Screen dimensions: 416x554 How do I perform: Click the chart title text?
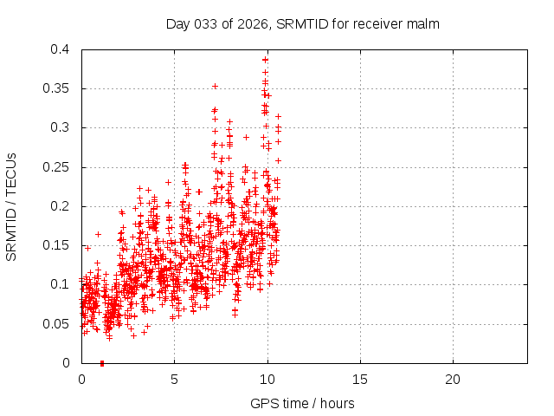point(303,24)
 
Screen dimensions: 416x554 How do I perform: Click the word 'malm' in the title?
point(425,24)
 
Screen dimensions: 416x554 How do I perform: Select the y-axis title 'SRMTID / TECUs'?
point(12,206)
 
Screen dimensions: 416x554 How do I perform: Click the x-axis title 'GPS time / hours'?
point(302,404)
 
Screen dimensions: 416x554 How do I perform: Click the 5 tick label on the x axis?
point(174,380)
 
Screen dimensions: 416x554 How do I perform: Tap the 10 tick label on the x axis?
point(267,380)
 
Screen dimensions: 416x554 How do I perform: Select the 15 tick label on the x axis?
point(360,380)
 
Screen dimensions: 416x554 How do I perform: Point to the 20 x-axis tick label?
point(453,380)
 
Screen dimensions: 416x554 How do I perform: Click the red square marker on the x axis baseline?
point(102,363)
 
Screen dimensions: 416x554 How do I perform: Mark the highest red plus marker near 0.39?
point(266,60)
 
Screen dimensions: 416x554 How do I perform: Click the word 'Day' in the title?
point(177,24)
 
